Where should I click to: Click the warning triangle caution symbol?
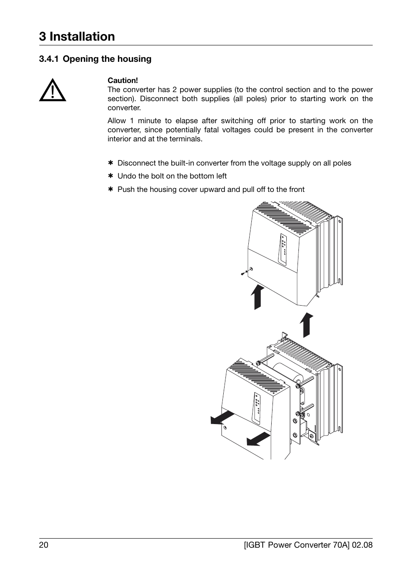(52, 90)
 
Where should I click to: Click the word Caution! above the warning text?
(123, 80)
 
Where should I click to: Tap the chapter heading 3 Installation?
(77, 37)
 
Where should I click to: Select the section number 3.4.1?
(49, 59)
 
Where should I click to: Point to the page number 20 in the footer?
(43, 545)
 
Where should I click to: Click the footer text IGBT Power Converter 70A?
(298, 545)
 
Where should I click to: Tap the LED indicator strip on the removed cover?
(257, 408)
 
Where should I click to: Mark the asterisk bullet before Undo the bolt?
(110, 176)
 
